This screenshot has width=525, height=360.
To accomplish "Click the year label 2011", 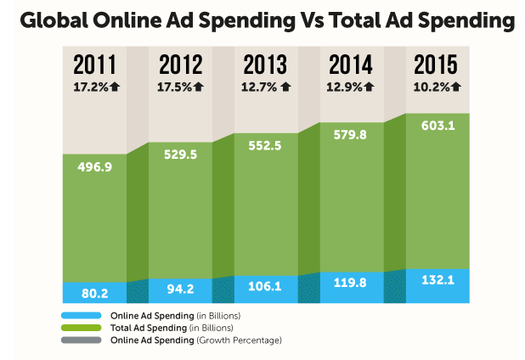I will pos(94,65).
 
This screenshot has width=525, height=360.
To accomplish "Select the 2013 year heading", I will pos(265,65).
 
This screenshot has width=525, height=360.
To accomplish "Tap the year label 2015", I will pos(435,65).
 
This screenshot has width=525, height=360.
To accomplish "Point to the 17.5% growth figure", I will pos(174,86).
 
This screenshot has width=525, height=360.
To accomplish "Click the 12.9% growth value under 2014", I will pos(344,86).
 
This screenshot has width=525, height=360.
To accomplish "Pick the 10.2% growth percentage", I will pos(430,86).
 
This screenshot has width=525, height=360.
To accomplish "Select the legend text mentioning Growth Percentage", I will pos(196,340).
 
